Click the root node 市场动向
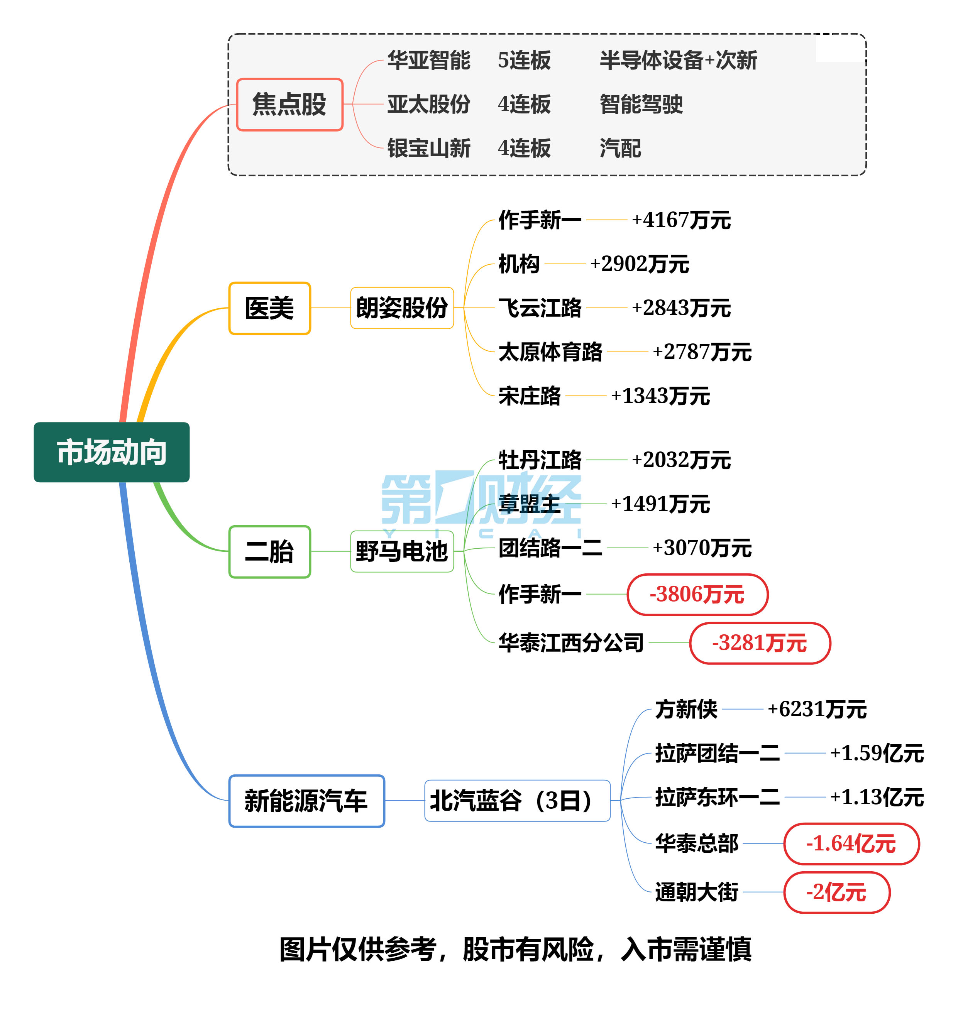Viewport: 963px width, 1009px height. click(112, 452)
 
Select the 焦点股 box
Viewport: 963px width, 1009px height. click(289, 105)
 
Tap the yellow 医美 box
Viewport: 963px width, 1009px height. click(269, 308)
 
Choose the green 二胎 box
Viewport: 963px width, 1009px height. click(269, 552)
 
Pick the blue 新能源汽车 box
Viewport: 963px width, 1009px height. click(306, 801)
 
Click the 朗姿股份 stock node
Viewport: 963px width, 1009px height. click(402, 308)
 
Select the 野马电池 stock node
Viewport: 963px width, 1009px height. click(402, 552)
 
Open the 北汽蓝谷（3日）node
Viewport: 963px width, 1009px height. click(517, 801)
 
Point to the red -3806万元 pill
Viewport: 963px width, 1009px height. click(697, 594)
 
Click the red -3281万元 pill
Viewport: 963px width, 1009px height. click(760, 643)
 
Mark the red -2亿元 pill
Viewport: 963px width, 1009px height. click(837, 892)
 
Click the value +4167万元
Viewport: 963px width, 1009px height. click(681, 220)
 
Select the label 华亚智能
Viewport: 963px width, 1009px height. click(429, 60)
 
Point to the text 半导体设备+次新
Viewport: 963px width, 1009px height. click(678, 60)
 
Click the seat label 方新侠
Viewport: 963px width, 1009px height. click(686, 709)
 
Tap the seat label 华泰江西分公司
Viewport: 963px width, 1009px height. click(571, 643)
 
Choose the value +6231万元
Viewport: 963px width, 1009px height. click(817, 709)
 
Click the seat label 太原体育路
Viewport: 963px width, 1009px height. click(550, 352)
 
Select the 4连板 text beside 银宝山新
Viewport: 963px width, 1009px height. click(524, 148)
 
